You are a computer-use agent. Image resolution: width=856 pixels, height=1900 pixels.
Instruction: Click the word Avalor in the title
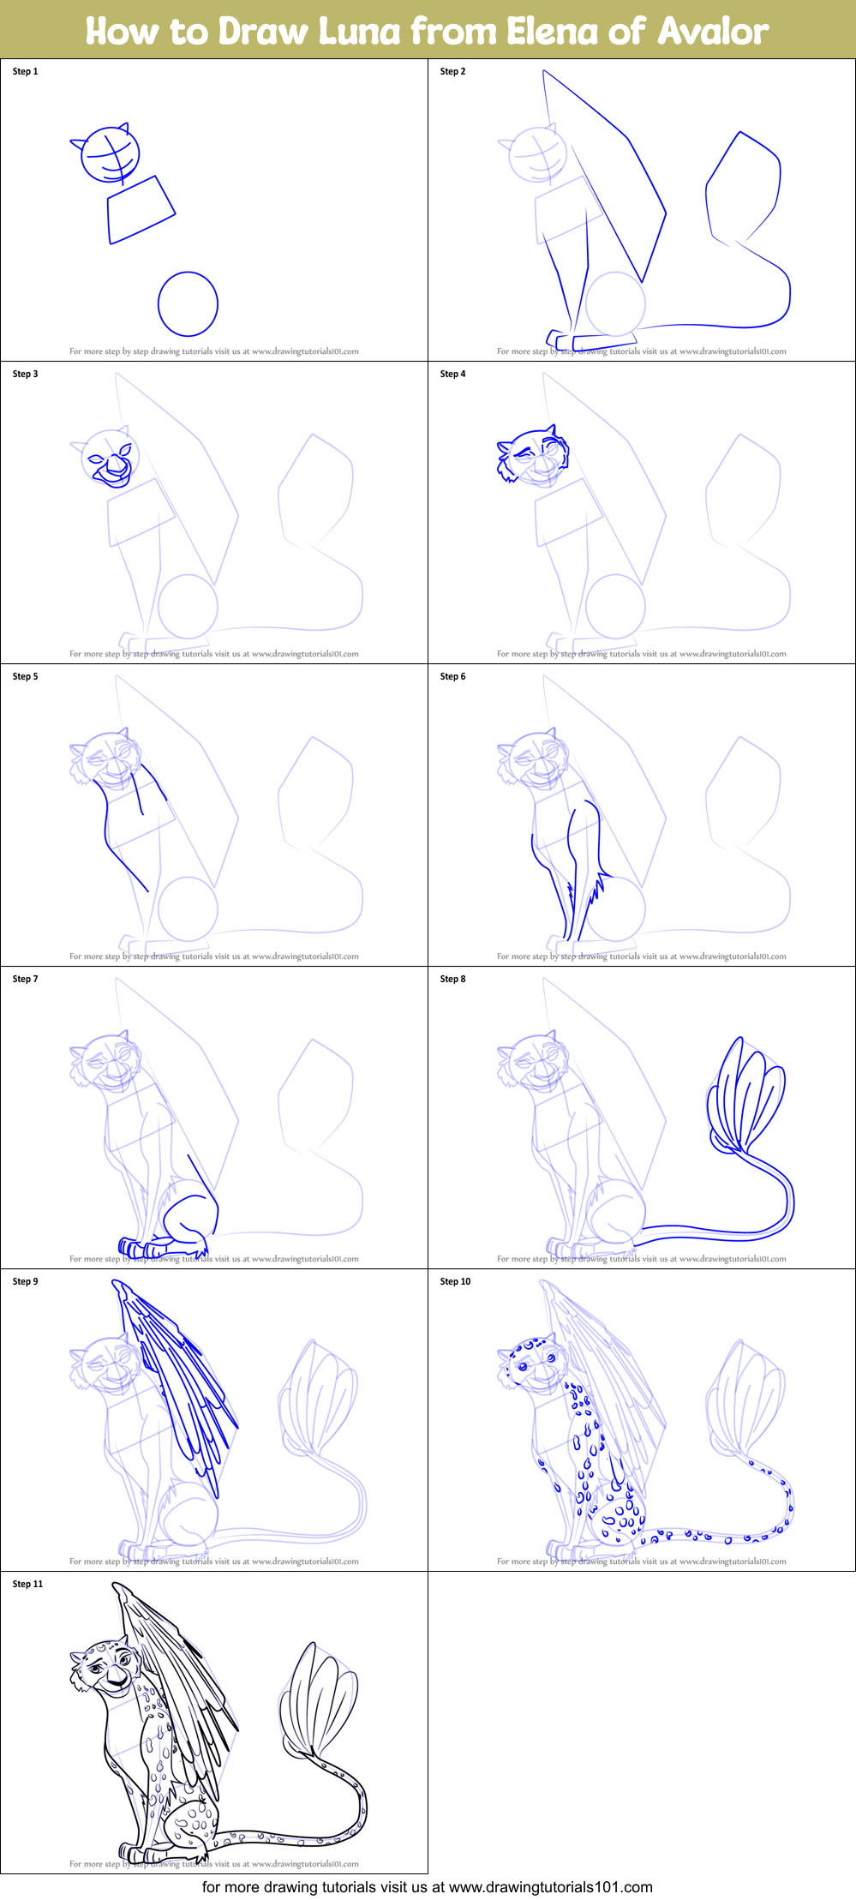713,31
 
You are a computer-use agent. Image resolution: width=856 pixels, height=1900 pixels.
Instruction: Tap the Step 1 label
26,71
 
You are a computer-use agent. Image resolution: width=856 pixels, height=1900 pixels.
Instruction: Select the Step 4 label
453,374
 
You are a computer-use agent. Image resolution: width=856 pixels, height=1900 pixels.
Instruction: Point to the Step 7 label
26,979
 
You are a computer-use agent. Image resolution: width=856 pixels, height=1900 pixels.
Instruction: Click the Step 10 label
456,1281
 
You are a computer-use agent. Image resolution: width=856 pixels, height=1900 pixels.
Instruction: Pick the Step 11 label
28,1584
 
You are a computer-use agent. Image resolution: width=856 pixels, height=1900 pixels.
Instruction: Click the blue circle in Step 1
188,303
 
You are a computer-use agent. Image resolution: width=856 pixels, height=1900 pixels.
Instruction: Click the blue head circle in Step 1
110,155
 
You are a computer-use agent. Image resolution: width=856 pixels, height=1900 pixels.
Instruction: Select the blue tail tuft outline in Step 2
743,189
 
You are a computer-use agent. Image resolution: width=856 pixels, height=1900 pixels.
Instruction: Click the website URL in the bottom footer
550,1886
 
